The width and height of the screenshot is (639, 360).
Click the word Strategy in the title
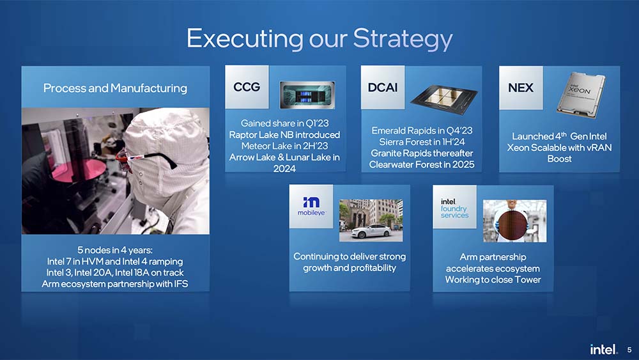(x=403, y=40)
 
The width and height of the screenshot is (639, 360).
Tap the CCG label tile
(x=247, y=87)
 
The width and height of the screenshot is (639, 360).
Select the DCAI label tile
(x=383, y=87)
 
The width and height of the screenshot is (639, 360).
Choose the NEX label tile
(x=521, y=88)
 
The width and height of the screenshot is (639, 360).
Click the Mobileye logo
(x=311, y=206)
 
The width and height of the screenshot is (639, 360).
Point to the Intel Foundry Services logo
(x=454, y=208)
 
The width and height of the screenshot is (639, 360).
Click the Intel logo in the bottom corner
(x=604, y=349)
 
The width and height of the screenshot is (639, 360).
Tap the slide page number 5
(x=629, y=350)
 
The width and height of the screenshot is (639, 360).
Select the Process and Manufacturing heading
(x=115, y=88)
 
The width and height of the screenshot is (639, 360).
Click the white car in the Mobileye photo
(x=371, y=231)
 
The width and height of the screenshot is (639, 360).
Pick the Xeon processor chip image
(x=581, y=95)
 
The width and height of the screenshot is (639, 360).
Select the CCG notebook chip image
(x=307, y=95)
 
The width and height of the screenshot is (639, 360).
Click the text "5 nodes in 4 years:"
(x=115, y=250)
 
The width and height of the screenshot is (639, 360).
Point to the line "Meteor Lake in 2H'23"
(x=284, y=146)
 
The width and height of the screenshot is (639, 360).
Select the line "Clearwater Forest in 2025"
(x=422, y=164)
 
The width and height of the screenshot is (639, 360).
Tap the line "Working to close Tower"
(x=493, y=279)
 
